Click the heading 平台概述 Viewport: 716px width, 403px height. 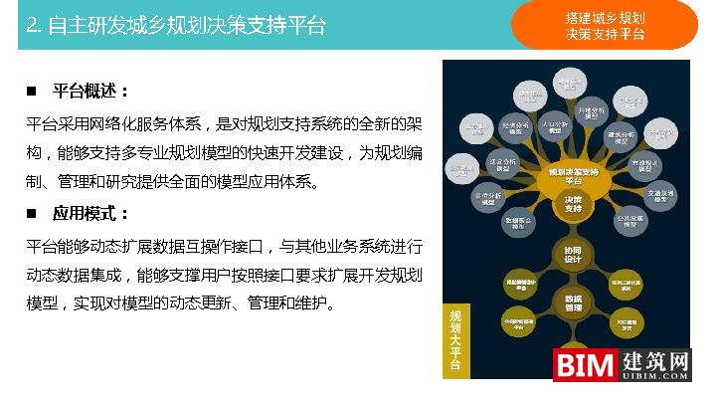pyautogui.click(x=90, y=92)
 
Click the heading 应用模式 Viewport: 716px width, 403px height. pyautogui.click(x=90, y=214)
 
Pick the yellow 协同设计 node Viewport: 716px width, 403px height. pyautogui.click(x=573, y=256)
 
